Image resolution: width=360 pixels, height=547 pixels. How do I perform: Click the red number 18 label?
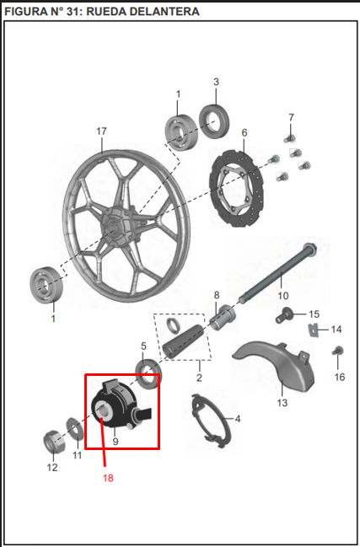(108, 478)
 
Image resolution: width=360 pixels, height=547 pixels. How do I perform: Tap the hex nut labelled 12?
(54, 442)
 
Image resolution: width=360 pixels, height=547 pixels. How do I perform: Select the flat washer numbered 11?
(75, 428)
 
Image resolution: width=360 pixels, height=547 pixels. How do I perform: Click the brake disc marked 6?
(237, 189)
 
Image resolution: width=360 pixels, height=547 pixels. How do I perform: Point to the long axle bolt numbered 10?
(278, 273)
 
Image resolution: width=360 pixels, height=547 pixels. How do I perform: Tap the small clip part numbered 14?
(314, 330)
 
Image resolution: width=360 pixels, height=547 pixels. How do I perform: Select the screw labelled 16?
(338, 351)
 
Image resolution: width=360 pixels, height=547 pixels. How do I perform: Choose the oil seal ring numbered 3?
(214, 121)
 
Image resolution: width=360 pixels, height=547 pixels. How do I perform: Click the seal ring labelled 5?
(148, 373)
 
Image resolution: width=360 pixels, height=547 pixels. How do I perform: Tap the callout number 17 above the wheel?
(101, 131)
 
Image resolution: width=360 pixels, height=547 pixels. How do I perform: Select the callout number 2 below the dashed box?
(199, 378)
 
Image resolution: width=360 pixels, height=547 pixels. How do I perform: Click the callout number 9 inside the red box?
(116, 442)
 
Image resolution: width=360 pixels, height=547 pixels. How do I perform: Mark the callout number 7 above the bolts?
(291, 117)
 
